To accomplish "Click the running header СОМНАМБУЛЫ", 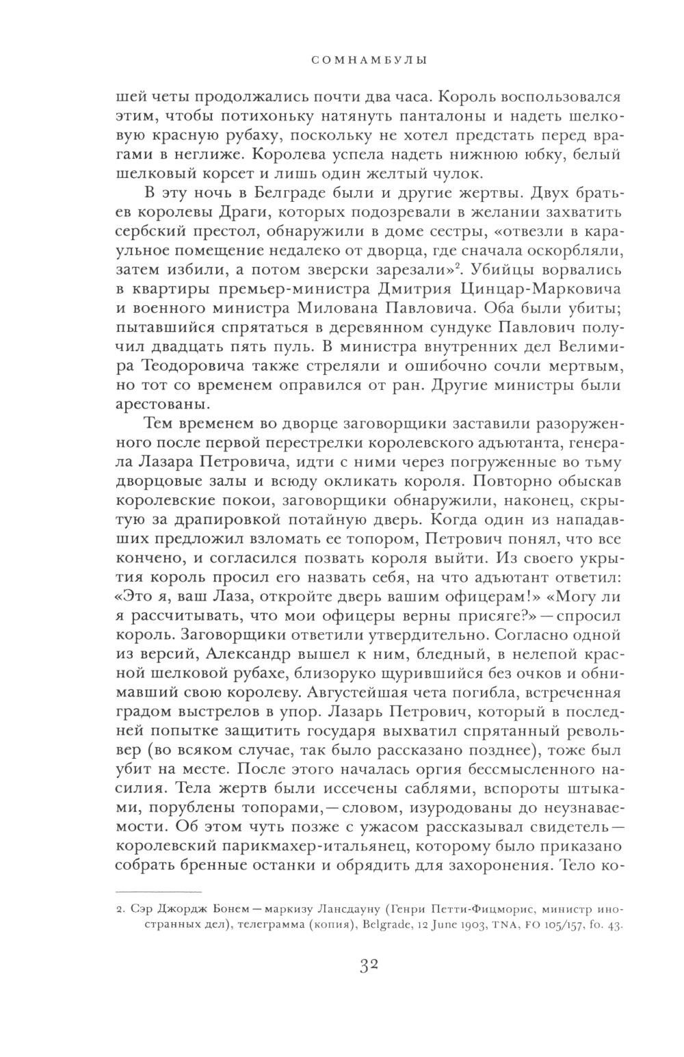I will click(x=369, y=60).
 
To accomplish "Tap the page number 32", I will click(x=369, y=966).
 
